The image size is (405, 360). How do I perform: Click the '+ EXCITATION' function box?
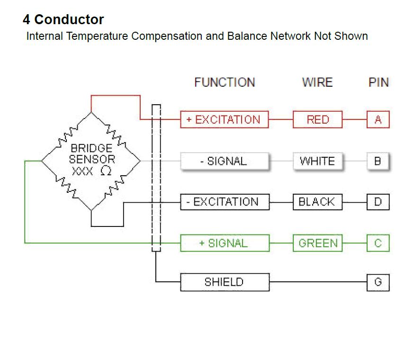click(x=224, y=119)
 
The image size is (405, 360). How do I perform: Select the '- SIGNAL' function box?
click(x=224, y=161)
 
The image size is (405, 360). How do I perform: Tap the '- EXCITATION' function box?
click(x=225, y=202)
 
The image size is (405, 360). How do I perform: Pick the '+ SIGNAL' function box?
click(x=225, y=243)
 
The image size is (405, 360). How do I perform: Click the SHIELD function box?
click(x=225, y=282)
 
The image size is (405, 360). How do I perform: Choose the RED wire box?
click(x=317, y=119)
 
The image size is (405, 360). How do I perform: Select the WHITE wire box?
click(x=317, y=161)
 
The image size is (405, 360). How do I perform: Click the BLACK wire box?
click(x=317, y=202)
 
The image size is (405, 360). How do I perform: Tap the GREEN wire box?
click(x=317, y=243)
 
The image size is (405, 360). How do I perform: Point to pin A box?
click(x=378, y=119)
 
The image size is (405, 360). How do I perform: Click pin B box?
click(x=378, y=161)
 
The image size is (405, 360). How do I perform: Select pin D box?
click(x=378, y=202)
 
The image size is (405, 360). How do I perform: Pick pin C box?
click(x=378, y=243)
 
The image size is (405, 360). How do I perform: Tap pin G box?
click(x=378, y=282)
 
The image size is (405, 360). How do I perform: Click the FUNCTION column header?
click(x=225, y=82)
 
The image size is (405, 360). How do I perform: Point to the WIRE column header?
click(x=317, y=82)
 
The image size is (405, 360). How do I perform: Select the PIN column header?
click(x=378, y=82)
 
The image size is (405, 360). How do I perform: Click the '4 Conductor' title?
click(x=63, y=20)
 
